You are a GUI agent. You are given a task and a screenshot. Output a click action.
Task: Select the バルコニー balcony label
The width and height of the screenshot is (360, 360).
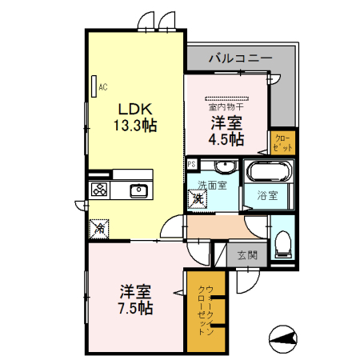(241, 58)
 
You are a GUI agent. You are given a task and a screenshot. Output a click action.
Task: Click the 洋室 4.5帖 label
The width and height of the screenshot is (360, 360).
(226, 130)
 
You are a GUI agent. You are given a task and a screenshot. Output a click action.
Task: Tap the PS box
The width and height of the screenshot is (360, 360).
(192, 165)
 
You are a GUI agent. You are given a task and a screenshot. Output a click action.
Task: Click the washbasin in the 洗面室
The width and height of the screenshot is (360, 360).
(225, 167)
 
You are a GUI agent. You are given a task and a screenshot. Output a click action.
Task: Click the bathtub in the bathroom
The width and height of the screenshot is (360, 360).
(269, 171)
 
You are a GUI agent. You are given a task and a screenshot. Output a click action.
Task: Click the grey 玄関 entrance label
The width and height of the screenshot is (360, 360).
(247, 256)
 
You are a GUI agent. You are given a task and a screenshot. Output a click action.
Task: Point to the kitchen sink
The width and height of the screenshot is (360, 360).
(138, 190)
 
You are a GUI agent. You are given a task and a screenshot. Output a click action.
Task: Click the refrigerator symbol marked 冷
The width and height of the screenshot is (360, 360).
(99, 228)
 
